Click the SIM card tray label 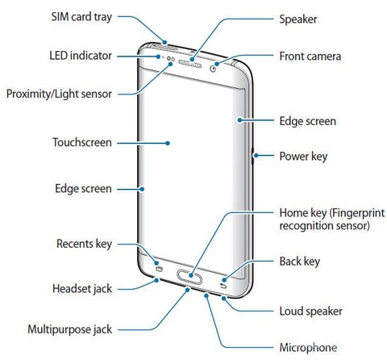coord(81,17)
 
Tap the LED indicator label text coord(81,56)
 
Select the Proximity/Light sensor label coord(59,94)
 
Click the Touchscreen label coord(82,142)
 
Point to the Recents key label coord(84,244)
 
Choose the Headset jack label coord(82,289)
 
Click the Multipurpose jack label coord(70,329)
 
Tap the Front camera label coord(310,57)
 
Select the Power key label coord(303,157)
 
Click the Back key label coord(300,262)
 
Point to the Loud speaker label coord(311,312)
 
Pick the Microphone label coord(308,348)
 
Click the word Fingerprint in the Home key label coord(358,213)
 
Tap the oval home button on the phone coord(189,276)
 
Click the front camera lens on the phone coord(213,69)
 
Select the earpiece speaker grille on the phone coord(190,64)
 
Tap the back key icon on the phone coord(223,286)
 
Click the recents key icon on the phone coord(159,269)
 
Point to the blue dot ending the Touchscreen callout coord(168,143)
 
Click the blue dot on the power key coord(256,156)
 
